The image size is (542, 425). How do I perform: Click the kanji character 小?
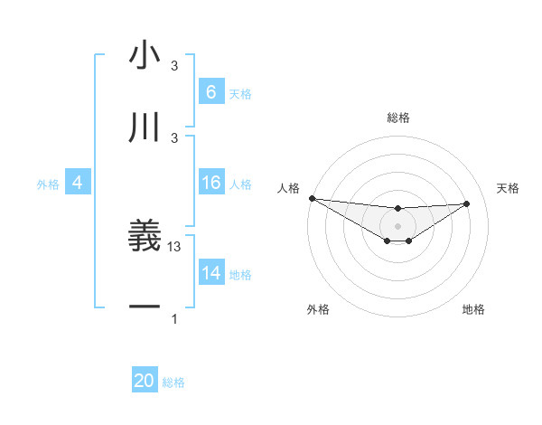pyautogui.click(x=145, y=56)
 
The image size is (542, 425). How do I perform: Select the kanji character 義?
pyautogui.click(x=145, y=236)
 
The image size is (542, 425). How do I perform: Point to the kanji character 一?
pyautogui.click(x=145, y=307)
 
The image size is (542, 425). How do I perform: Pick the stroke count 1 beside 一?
pyautogui.click(x=174, y=319)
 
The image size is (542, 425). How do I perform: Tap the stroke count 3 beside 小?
pyautogui.click(x=174, y=66)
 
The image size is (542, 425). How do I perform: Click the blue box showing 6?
pyautogui.click(x=210, y=92)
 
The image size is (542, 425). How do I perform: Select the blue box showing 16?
pyautogui.click(x=210, y=183)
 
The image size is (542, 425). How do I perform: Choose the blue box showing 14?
pyautogui.click(x=210, y=273)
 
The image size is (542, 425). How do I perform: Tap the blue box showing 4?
pyautogui.click(x=78, y=183)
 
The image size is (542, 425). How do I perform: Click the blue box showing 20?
pyautogui.click(x=145, y=382)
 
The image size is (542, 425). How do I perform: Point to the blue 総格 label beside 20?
pyautogui.click(x=173, y=382)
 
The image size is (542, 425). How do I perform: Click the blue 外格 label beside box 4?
pyautogui.click(x=48, y=184)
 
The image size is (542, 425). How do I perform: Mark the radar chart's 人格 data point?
pyautogui.click(x=312, y=198)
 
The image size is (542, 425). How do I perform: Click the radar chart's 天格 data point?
pyautogui.click(x=467, y=203)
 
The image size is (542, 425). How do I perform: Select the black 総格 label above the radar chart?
pyautogui.click(x=398, y=118)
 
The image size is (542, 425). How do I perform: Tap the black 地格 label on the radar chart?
pyautogui.click(x=473, y=309)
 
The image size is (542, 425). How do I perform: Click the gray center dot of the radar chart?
pyautogui.click(x=398, y=226)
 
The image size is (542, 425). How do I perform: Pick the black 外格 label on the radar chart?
pyautogui.click(x=318, y=309)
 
